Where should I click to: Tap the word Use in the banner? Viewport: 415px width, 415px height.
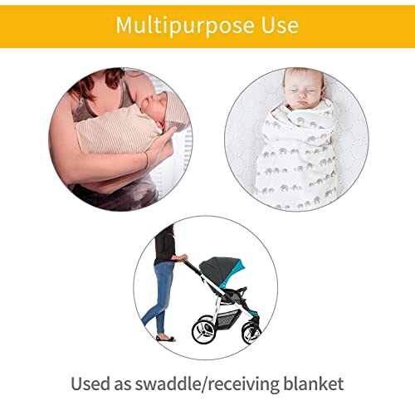click(277, 26)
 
